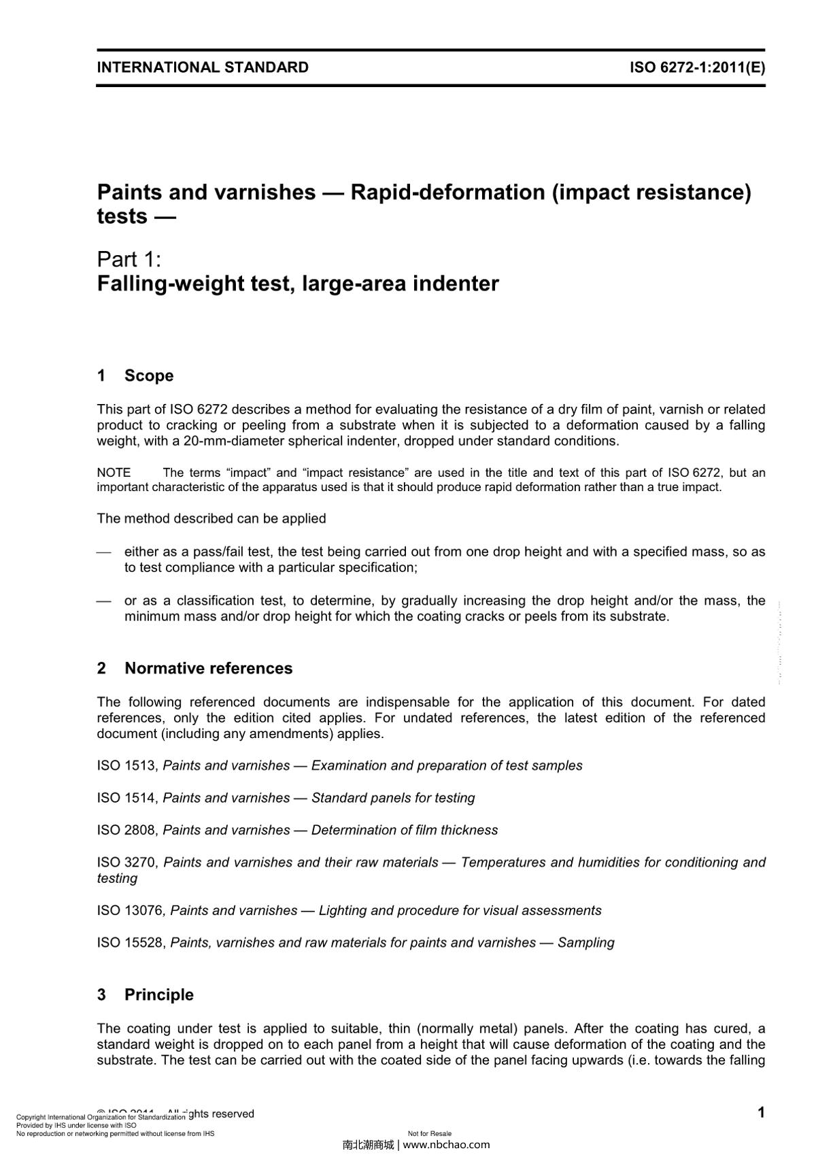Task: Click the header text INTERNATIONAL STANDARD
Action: click(203, 67)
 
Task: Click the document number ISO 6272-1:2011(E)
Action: click(697, 67)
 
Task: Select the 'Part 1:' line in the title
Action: click(129, 259)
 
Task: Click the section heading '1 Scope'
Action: click(135, 375)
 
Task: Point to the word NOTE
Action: click(114, 473)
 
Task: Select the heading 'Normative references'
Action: click(208, 668)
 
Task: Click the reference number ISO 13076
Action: click(131, 910)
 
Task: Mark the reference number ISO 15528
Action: click(131, 943)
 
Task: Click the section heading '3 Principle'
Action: click(146, 994)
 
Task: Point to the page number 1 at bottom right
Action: click(761, 1113)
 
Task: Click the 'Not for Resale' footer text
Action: click(430, 1133)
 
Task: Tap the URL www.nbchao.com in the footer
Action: click(446, 1144)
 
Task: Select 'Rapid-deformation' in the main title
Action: click(448, 192)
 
